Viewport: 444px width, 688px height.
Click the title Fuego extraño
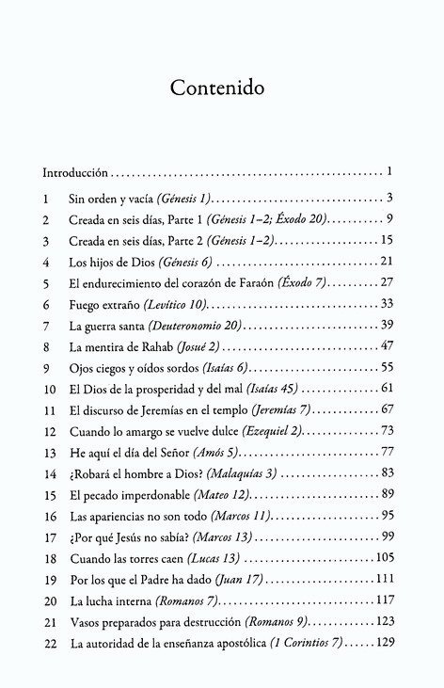pyautogui.click(x=103, y=303)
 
